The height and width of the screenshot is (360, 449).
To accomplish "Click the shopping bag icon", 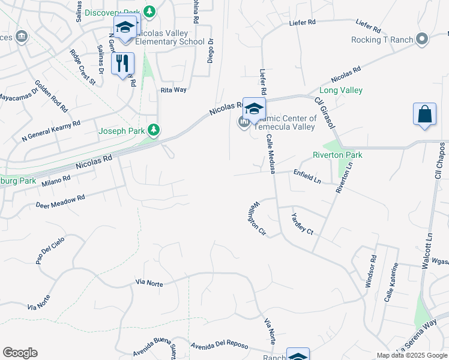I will [424, 115].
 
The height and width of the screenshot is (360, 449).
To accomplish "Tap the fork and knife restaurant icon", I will [122, 64].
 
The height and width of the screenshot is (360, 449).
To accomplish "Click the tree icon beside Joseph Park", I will [154, 129].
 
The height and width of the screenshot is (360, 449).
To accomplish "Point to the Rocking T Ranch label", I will [383, 40].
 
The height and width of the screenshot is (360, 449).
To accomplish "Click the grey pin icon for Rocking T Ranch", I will [422, 40].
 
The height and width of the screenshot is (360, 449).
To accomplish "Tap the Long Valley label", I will [340, 91].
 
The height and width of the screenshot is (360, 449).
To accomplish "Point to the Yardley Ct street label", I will [302, 224].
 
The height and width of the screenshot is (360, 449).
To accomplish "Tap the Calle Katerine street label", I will [391, 283].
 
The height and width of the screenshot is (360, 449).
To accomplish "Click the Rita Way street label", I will [173, 89].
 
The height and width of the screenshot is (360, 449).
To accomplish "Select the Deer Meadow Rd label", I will [60, 200].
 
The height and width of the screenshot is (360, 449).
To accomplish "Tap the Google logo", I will [20, 353].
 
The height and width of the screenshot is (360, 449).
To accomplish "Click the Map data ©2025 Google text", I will [411, 355].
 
